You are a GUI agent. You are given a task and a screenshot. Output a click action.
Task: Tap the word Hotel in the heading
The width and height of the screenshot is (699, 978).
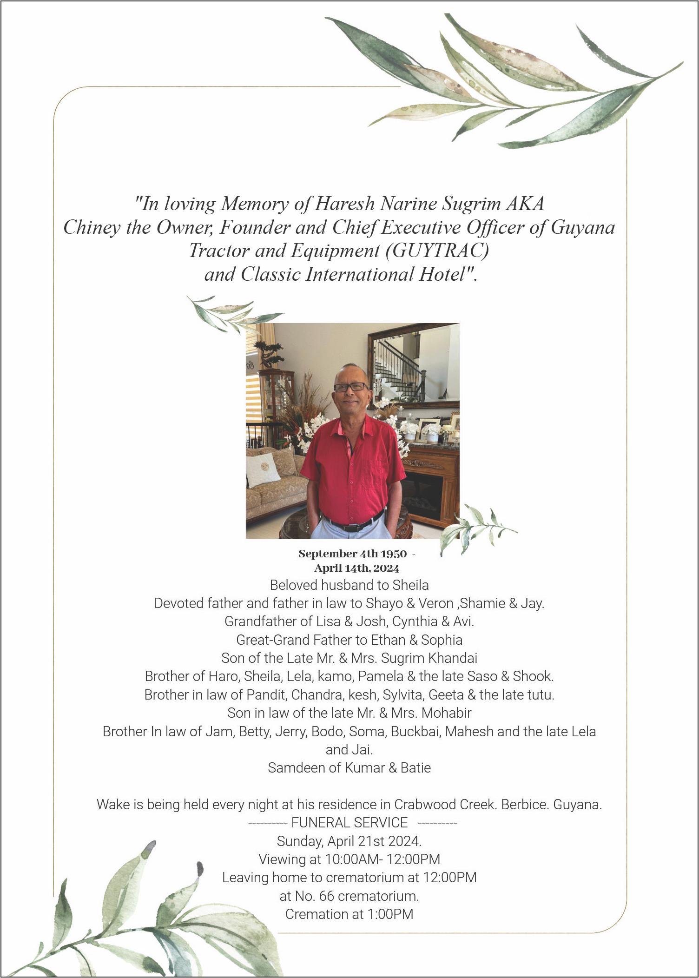point(442,274)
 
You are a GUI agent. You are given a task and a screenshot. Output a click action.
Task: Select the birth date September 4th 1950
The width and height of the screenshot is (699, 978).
point(352,554)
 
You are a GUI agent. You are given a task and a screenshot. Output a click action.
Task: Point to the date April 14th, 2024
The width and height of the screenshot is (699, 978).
point(356,568)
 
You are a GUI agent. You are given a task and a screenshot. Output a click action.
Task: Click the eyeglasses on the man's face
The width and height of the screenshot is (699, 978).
point(351,386)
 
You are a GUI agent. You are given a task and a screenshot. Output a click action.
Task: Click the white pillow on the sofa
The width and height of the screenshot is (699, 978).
point(263,470)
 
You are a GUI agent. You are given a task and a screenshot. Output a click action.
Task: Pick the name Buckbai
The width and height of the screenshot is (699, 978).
point(416,732)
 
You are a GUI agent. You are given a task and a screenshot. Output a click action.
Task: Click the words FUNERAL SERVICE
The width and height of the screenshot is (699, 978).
point(349,823)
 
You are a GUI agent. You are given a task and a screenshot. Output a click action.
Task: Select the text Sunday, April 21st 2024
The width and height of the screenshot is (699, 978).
point(349,841)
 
